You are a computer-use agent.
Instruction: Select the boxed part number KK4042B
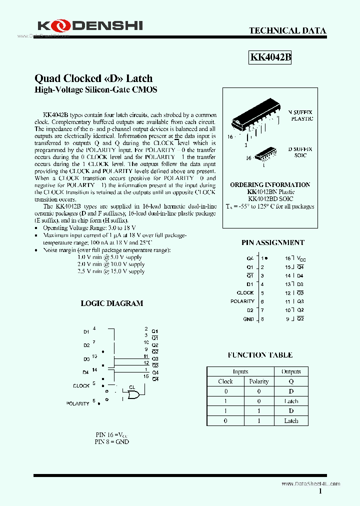(x=270, y=57)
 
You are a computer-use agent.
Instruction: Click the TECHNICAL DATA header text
(x=287, y=31)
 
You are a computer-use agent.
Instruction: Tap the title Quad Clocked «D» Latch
(x=93, y=78)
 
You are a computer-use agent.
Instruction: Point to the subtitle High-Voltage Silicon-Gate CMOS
(x=95, y=90)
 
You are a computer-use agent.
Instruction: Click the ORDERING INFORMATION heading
(x=270, y=184)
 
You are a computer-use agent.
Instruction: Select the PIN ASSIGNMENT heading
(x=272, y=242)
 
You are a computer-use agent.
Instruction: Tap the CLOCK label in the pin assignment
(x=245, y=293)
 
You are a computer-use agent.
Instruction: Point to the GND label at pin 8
(x=248, y=319)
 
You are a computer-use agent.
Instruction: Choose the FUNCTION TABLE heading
(x=260, y=355)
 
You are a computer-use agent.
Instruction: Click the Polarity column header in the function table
(x=258, y=381)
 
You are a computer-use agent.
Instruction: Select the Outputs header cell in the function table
(x=291, y=371)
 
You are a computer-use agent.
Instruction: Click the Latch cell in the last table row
(x=291, y=420)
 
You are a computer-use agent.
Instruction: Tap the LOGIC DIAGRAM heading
(x=112, y=303)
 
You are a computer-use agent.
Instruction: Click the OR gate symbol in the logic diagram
(x=133, y=395)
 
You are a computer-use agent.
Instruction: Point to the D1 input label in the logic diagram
(x=86, y=331)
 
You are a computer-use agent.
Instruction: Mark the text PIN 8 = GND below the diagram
(x=111, y=442)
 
